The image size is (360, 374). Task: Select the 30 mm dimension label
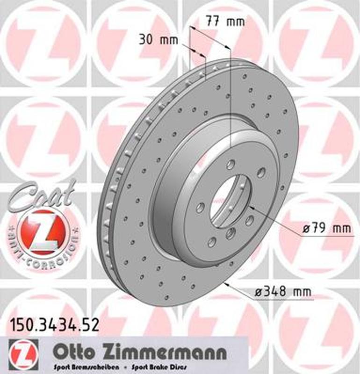[159, 40]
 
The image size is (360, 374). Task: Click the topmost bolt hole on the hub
[231, 164]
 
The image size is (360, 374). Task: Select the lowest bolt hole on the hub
[212, 241]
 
